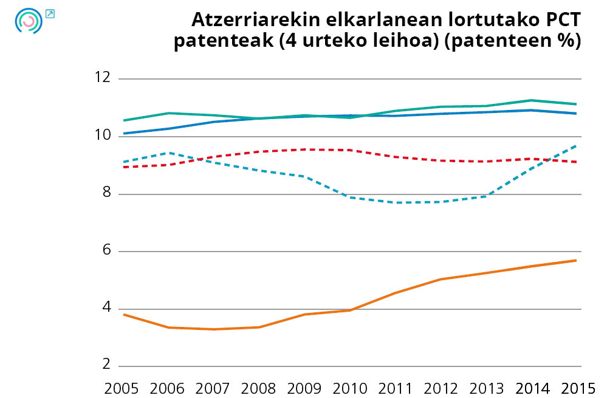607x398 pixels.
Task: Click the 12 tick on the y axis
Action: (103, 78)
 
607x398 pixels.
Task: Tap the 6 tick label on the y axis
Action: (107, 251)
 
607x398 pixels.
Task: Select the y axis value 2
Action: (107, 365)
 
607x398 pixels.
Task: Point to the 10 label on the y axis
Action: (103, 136)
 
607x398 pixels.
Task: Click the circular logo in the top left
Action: (28, 21)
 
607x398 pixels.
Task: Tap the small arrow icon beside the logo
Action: (50, 13)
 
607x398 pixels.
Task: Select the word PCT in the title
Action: (560, 20)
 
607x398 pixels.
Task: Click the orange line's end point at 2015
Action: (576, 260)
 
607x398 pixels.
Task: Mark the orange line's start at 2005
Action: (124, 314)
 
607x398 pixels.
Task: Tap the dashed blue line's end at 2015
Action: (576, 146)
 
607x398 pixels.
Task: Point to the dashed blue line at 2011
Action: (396, 202)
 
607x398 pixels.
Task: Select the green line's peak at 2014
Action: (531, 100)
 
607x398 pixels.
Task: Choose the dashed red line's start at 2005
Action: (124, 166)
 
